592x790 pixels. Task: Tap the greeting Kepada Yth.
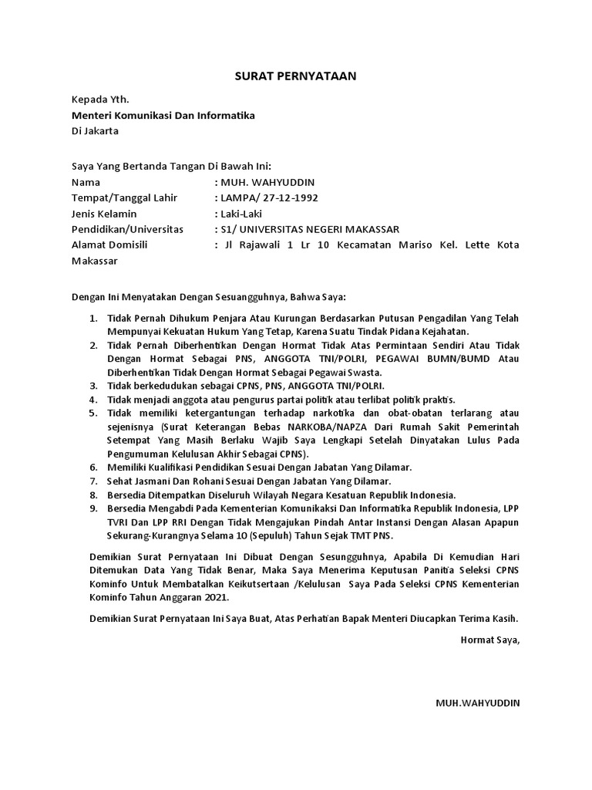click(x=100, y=100)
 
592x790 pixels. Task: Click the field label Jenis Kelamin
click(x=103, y=213)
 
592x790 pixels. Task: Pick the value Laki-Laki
click(x=243, y=213)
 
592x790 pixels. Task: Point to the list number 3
click(x=92, y=385)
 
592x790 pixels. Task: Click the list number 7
click(x=92, y=481)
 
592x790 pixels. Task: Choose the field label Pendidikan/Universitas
click(x=127, y=229)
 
